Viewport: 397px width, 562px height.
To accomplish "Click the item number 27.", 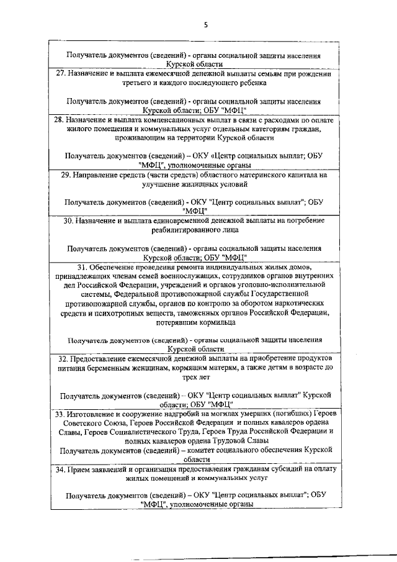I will pos(61,74).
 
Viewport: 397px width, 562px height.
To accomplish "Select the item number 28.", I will pos(59,119).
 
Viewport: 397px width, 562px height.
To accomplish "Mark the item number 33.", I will pos(60,413).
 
